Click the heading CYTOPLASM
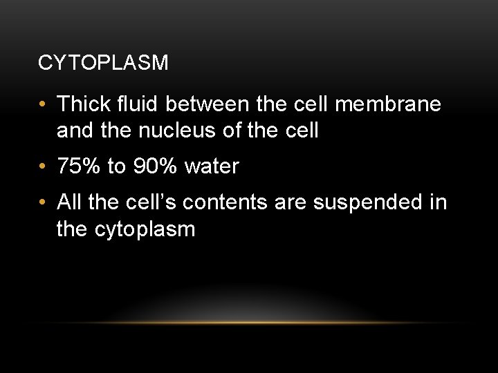coord(103,64)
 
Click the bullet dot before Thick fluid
coord(44,105)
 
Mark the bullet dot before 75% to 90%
coord(44,167)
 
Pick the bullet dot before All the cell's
coord(44,204)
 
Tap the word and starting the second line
coord(73,131)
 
